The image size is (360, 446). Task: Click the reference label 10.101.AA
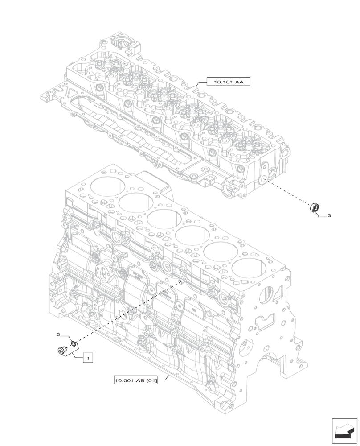click(x=229, y=82)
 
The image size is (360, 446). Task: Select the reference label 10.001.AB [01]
click(x=135, y=380)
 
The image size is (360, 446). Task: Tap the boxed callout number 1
click(x=88, y=357)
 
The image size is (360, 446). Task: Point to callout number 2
click(x=58, y=334)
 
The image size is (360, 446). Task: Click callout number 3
click(x=329, y=215)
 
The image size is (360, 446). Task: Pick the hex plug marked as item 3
click(x=315, y=207)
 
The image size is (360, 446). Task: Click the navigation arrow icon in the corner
click(x=344, y=430)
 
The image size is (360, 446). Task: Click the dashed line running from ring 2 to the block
click(x=129, y=311)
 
